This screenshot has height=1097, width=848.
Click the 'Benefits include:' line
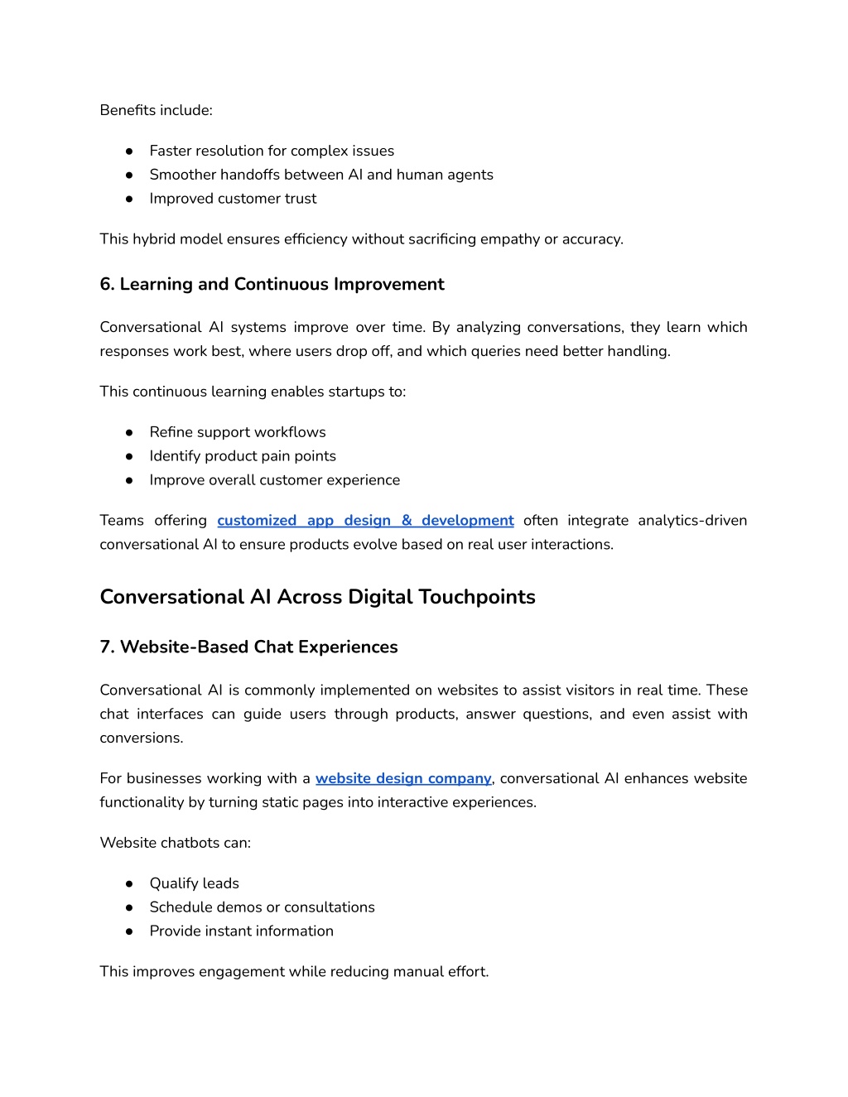(x=156, y=110)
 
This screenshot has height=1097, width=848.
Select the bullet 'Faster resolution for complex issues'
(x=272, y=151)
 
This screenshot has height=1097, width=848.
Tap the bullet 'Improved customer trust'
(x=233, y=199)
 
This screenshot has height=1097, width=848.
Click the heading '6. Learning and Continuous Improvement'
(x=272, y=284)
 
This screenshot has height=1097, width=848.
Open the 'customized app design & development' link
(x=365, y=521)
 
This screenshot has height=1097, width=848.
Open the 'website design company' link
(x=403, y=778)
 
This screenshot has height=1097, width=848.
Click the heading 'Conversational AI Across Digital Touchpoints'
(x=317, y=597)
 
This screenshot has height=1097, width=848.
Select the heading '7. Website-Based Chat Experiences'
(x=248, y=647)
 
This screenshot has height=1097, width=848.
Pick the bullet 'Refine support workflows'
(x=238, y=432)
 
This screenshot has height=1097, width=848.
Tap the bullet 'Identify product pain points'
(x=243, y=456)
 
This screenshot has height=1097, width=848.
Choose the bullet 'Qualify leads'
(x=194, y=883)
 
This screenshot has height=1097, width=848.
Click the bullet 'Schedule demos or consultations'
(x=262, y=907)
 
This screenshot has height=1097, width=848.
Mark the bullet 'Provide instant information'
(x=241, y=931)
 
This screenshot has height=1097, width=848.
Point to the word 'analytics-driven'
(x=692, y=521)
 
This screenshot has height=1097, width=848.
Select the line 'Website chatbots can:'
(x=175, y=843)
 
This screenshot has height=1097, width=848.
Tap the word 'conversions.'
(x=142, y=738)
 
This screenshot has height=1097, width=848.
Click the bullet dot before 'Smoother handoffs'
(x=129, y=176)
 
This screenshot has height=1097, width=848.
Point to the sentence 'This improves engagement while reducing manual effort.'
(x=294, y=972)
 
